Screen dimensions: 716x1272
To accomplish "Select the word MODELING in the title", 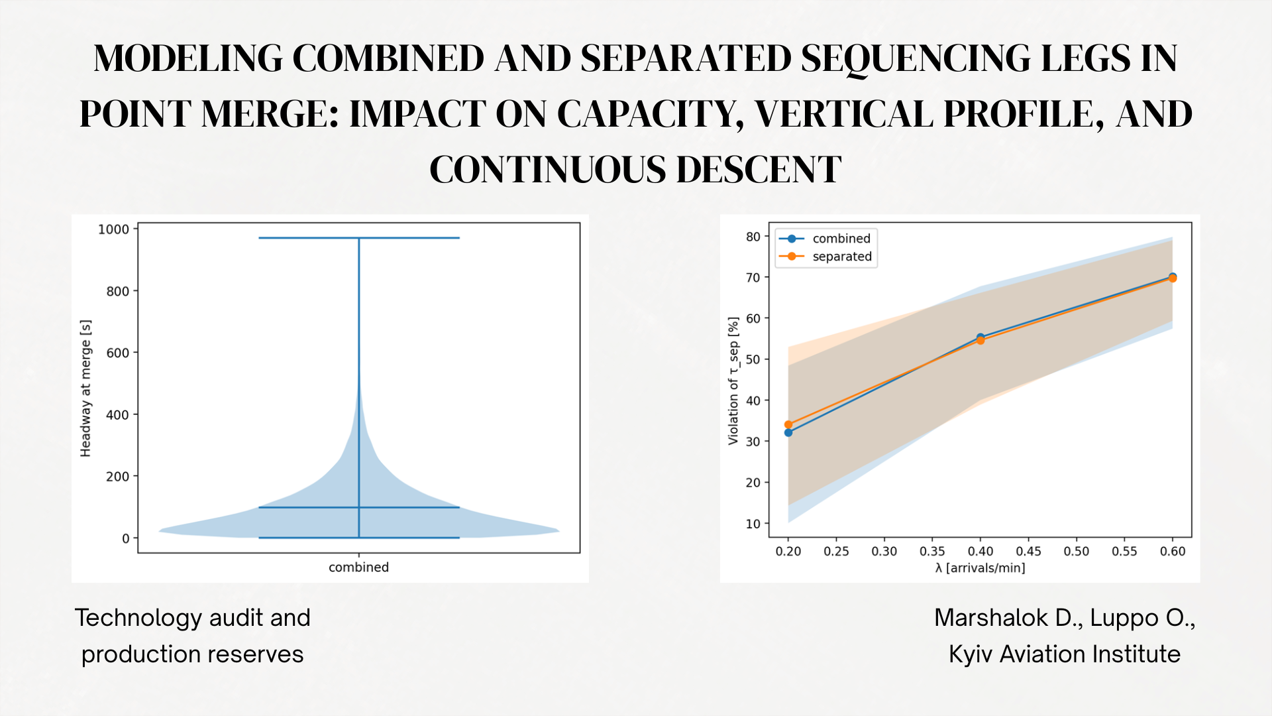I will coord(188,58).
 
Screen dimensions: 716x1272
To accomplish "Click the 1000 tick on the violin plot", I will coord(113,229).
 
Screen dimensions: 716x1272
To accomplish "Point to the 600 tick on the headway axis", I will coord(117,353).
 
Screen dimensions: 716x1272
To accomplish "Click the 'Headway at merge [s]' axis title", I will coord(85,388).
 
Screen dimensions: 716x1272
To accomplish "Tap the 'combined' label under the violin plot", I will coord(358,567).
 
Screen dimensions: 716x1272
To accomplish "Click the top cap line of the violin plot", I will coord(358,238).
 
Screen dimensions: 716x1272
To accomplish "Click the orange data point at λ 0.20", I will coord(788,425).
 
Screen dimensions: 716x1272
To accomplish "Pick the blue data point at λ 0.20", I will coord(788,433).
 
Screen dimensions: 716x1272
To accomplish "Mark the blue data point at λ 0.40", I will coord(980,337).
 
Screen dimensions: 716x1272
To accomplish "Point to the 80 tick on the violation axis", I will coord(753,237).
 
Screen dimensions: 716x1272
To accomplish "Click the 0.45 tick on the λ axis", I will coord(1028,552).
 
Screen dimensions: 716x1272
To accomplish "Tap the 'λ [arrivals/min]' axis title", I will coord(980,568).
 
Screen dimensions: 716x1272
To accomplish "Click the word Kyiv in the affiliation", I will coord(971,654).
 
